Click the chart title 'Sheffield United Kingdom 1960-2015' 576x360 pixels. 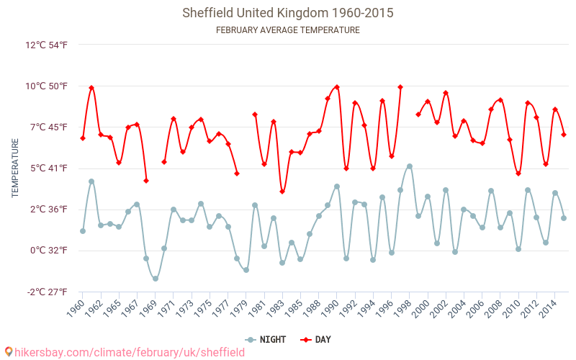point(288,13)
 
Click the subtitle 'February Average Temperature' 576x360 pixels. point(288,30)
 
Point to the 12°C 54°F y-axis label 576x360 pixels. point(47,45)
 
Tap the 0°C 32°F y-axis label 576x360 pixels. point(49,251)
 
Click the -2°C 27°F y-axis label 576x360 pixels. point(47,292)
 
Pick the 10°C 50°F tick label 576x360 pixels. point(47,86)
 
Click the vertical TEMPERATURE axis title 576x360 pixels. point(15,168)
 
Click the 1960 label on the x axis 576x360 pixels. point(76,308)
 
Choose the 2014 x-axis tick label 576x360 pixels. point(549,308)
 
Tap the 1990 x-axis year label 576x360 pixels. point(331,308)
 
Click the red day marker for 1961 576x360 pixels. point(91,88)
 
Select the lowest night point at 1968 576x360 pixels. point(156,279)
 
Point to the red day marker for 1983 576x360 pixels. point(282,192)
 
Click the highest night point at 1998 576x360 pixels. point(410,166)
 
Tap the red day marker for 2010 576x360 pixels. point(518,174)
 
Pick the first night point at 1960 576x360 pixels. point(83,231)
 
